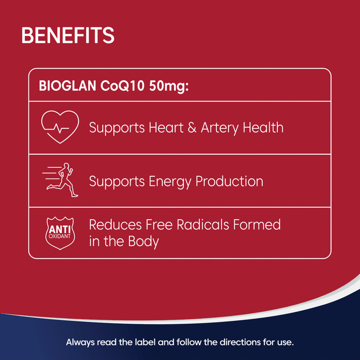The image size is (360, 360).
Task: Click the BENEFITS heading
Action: click(68, 35)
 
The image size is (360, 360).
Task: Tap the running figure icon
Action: click(61, 180)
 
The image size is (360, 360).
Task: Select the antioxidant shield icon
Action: click(60, 233)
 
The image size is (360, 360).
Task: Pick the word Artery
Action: click(220, 128)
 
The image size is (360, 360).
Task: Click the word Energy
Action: click(170, 182)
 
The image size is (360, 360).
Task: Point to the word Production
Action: click(229, 181)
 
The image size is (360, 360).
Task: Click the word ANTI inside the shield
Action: click(60, 228)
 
